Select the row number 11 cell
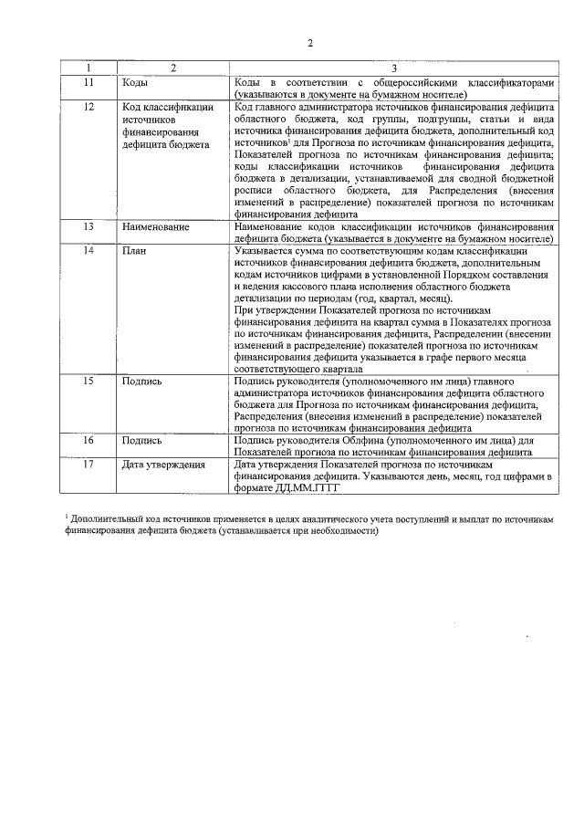point(89,82)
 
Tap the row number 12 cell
point(89,108)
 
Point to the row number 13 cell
point(89,225)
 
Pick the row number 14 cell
point(89,250)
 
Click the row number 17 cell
point(89,465)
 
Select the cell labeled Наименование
point(155,225)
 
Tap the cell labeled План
point(135,250)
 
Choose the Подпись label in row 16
point(142,440)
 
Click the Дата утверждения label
point(163,465)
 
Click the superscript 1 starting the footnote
point(67,517)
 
